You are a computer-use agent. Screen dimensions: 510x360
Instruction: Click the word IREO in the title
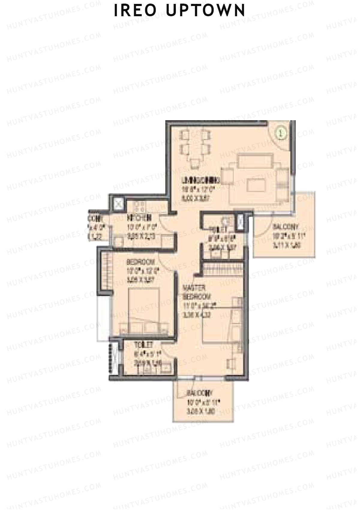(135, 10)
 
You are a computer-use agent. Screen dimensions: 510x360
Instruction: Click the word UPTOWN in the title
(206, 10)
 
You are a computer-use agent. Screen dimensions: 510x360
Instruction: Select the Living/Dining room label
(201, 180)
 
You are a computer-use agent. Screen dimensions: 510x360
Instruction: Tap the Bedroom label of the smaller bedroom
(140, 261)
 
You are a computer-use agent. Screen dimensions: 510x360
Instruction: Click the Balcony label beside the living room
(285, 227)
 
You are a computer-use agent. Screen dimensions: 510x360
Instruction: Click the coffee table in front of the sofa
(256, 185)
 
